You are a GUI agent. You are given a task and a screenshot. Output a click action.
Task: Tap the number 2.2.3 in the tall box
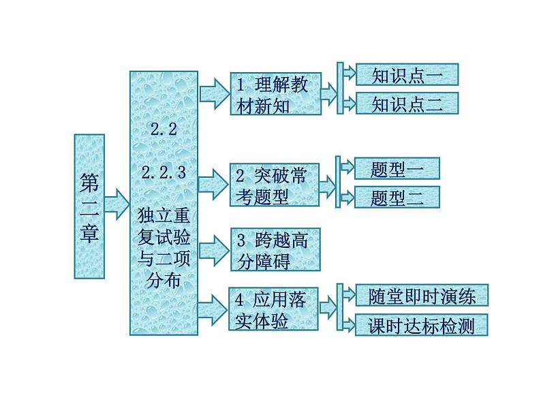(x=164, y=173)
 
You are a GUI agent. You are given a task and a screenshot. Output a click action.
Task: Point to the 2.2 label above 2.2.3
(x=164, y=131)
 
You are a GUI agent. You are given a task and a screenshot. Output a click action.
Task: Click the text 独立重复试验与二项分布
(x=164, y=247)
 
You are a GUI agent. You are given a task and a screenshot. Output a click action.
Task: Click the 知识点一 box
(x=407, y=75)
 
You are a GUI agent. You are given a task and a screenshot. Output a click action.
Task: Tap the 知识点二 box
(x=407, y=104)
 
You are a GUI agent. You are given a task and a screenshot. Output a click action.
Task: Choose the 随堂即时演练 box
(x=422, y=296)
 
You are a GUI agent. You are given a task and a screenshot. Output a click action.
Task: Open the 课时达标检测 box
(x=422, y=326)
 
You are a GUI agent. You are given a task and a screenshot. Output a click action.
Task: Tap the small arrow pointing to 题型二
(x=345, y=198)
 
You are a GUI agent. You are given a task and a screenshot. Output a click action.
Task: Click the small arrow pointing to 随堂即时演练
(x=347, y=296)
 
